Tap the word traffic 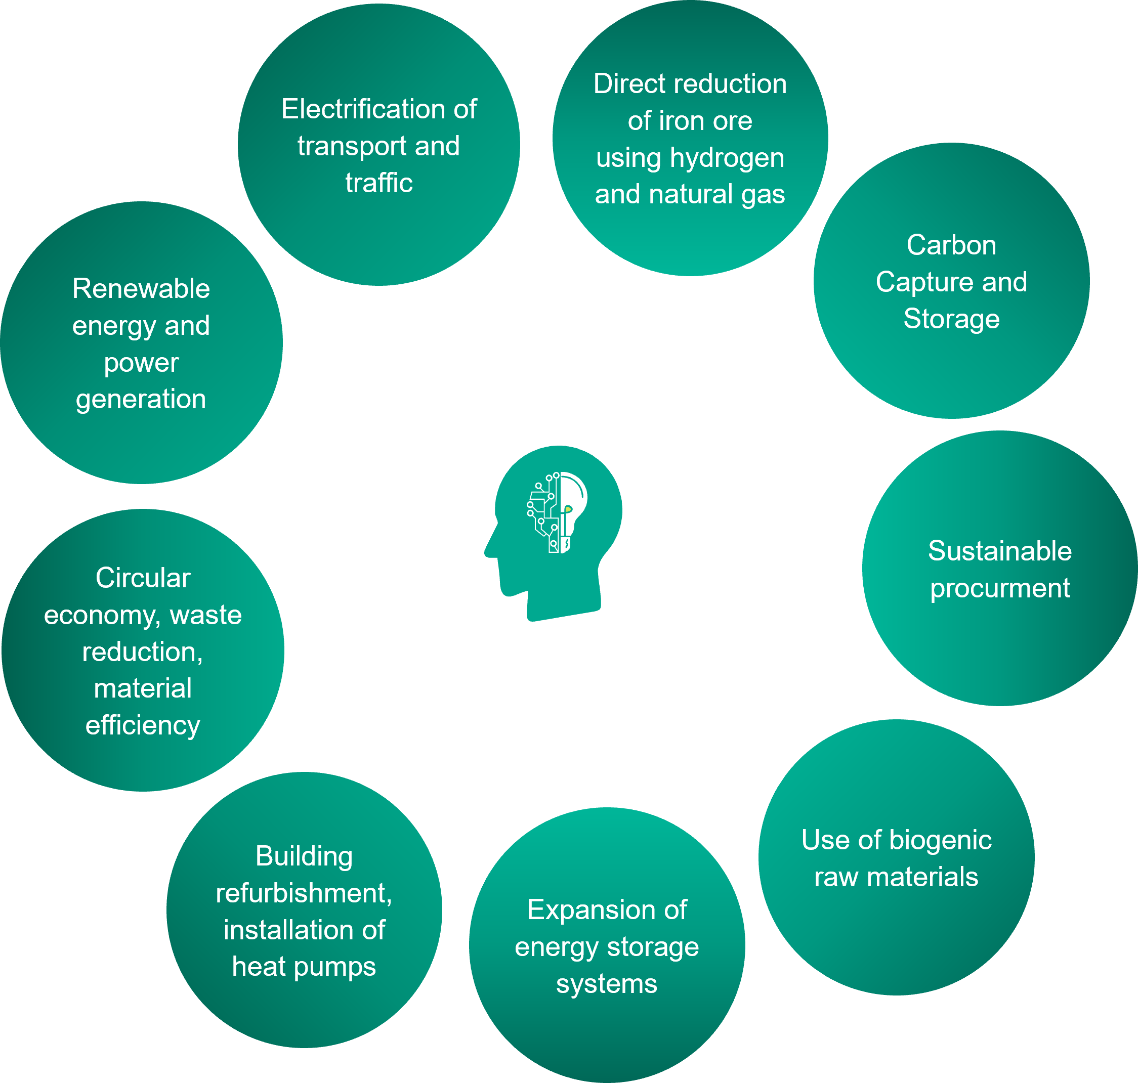[x=379, y=183]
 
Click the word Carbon [x=951, y=245]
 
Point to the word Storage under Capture [x=951, y=319]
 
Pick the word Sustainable [x=999, y=551]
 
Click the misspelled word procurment [x=999, y=588]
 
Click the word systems [x=606, y=984]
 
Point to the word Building [x=304, y=856]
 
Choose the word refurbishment [x=304, y=894]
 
